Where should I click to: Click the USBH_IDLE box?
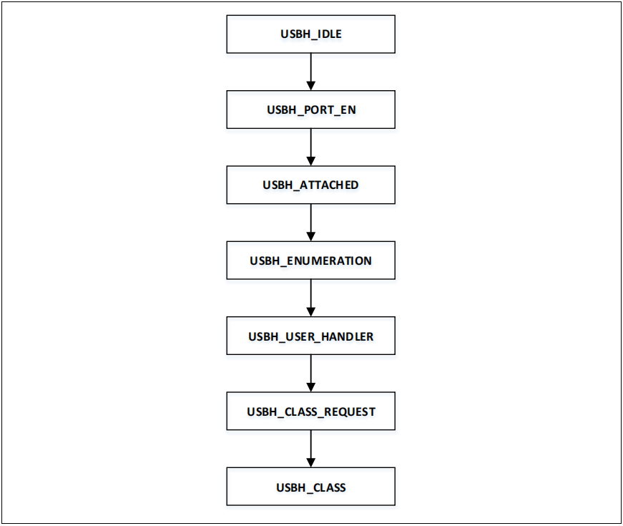(310, 34)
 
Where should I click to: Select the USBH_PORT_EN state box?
(310, 109)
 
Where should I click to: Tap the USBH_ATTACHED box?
(310, 185)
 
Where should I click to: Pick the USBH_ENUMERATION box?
(310, 260)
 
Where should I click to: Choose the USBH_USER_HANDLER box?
(310, 336)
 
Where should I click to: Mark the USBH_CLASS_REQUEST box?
(310, 411)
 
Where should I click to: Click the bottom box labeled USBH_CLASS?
(310, 487)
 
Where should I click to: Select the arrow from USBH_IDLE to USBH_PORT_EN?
(310, 71)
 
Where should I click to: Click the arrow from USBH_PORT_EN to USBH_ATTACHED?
(310, 147)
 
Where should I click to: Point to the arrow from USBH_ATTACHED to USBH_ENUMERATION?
(310, 222)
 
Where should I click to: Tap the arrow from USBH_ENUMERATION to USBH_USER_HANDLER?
(310, 298)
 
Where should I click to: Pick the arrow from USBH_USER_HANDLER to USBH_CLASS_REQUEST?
(310, 373)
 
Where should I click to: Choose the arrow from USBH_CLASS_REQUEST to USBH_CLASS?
(310, 449)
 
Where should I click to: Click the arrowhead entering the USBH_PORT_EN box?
(310, 86)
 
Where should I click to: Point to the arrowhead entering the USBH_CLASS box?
(310, 463)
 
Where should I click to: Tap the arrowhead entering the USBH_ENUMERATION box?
(310, 237)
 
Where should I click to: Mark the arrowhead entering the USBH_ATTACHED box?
(310, 161)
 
